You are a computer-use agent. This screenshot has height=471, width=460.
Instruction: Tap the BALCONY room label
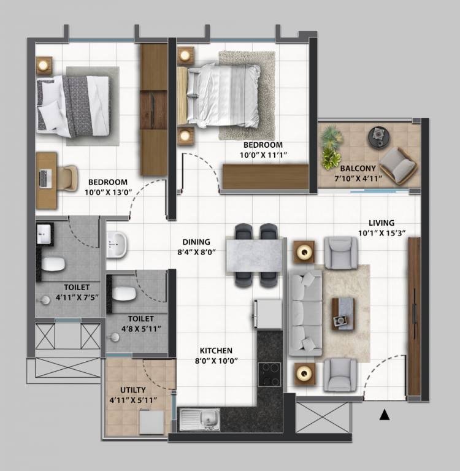point(358,168)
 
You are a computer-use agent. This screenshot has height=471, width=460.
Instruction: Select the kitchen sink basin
point(207,418)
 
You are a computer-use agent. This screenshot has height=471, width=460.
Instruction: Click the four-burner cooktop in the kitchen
point(269,374)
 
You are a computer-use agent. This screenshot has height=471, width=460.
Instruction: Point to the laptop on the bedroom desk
point(45,179)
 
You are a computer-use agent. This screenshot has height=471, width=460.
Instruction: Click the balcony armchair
point(398,165)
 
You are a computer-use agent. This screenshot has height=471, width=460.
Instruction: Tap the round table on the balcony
point(379,137)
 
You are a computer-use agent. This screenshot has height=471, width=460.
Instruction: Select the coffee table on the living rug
point(343,314)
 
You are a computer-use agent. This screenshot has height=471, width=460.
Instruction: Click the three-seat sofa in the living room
point(305,313)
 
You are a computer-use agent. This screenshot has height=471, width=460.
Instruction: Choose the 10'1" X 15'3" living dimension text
point(382,233)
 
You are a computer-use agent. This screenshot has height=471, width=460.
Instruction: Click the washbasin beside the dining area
point(117,245)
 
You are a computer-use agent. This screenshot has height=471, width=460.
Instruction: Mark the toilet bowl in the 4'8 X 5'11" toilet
point(124,294)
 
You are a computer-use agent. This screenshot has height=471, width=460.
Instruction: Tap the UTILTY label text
point(133,390)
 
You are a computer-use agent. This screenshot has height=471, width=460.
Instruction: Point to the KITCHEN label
point(216,351)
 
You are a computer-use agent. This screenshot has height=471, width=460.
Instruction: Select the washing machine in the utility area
point(151,422)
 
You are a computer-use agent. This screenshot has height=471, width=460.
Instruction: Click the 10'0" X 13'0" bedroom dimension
point(109,192)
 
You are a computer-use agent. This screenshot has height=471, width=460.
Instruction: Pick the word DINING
point(196,242)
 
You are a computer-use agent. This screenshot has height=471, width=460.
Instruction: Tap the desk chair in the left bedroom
point(67,178)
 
